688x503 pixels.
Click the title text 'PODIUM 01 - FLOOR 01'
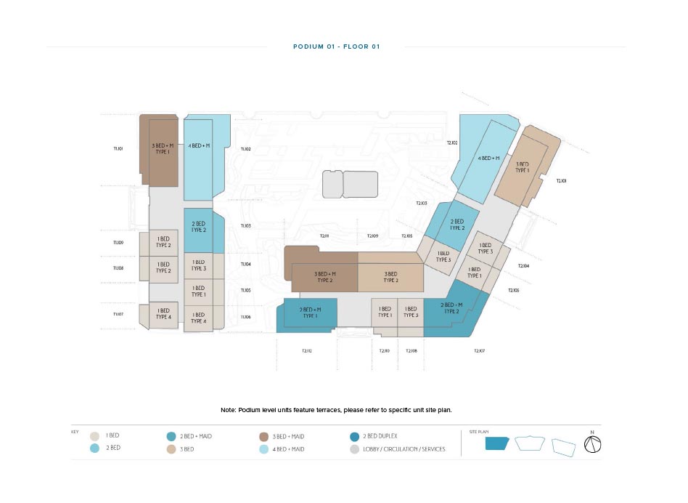click(x=336, y=47)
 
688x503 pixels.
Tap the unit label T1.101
click(x=118, y=148)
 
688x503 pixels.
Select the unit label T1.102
click(x=245, y=149)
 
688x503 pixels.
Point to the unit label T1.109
click(x=118, y=243)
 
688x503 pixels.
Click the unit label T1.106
click(x=245, y=317)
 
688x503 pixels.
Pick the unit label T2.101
click(x=561, y=181)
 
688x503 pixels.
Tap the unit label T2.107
click(x=479, y=351)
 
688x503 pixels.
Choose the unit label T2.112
click(x=306, y=351)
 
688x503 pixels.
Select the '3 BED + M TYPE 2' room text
click(x=324, y=277)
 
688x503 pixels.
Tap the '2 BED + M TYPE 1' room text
click(x=310, y=313)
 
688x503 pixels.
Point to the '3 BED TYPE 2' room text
click(x=390, y=277)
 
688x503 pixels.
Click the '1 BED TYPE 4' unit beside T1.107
click(x=163, y=314)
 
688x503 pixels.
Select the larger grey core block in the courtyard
click(x=360, y=184)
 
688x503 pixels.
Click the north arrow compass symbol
click(x=592, y=445)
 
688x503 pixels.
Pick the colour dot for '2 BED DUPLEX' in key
click(x=353, y=436)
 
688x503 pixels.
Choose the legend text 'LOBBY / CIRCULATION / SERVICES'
click(x=404, y=449)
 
